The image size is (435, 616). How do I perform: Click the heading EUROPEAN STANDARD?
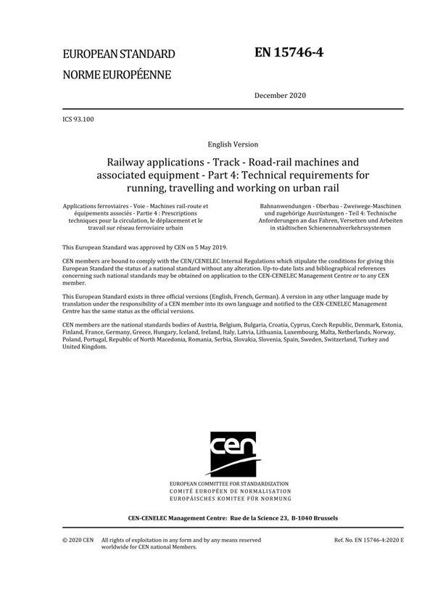(x=119, y=54)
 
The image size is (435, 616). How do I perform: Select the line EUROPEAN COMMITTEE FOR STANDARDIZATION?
(x=228, y=484)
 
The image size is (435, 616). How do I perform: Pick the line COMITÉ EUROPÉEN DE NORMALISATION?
(x=228, y=491)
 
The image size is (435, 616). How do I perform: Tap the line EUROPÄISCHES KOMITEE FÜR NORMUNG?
(x=228, y=499)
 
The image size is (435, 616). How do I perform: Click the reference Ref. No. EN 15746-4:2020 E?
(x=368, y=541)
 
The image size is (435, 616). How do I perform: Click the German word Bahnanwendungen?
(x=273, y=208)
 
